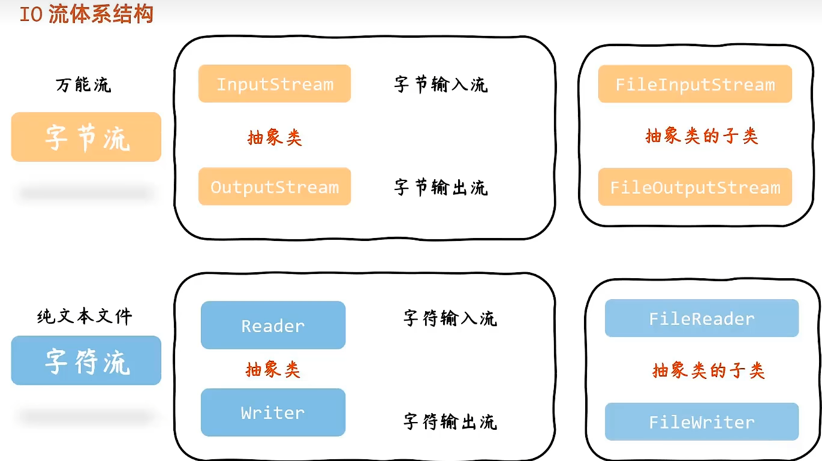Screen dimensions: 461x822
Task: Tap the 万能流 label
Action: click(83, 85)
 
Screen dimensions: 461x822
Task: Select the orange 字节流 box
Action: click(86, 137)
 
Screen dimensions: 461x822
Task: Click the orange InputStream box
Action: click(275, 84)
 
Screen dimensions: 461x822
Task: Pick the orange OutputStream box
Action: click(275, 187)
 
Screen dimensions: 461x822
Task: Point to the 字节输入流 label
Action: click(441, 84)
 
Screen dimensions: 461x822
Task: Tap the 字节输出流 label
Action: click(441, 187)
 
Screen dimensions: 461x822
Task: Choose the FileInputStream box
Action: click(695, 85)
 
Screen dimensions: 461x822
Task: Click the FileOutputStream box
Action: click(695, 188)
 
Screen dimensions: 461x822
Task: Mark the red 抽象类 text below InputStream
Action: click(275, 138)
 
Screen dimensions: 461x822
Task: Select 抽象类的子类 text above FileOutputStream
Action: click(701, 136)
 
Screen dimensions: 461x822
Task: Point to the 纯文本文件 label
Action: click(85, 316)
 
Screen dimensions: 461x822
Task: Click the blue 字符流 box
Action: click(86, 361)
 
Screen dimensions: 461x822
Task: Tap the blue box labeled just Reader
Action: click(273, 326)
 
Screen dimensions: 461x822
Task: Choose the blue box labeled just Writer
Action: click(273, 412)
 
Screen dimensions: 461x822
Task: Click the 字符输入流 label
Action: click(450, 318)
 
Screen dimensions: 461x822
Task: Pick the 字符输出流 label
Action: click(450, 421)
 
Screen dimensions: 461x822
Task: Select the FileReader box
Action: click(701, 318)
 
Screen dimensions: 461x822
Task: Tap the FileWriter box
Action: click(701, 422)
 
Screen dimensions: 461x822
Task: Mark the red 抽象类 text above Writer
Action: click(273, 369)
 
